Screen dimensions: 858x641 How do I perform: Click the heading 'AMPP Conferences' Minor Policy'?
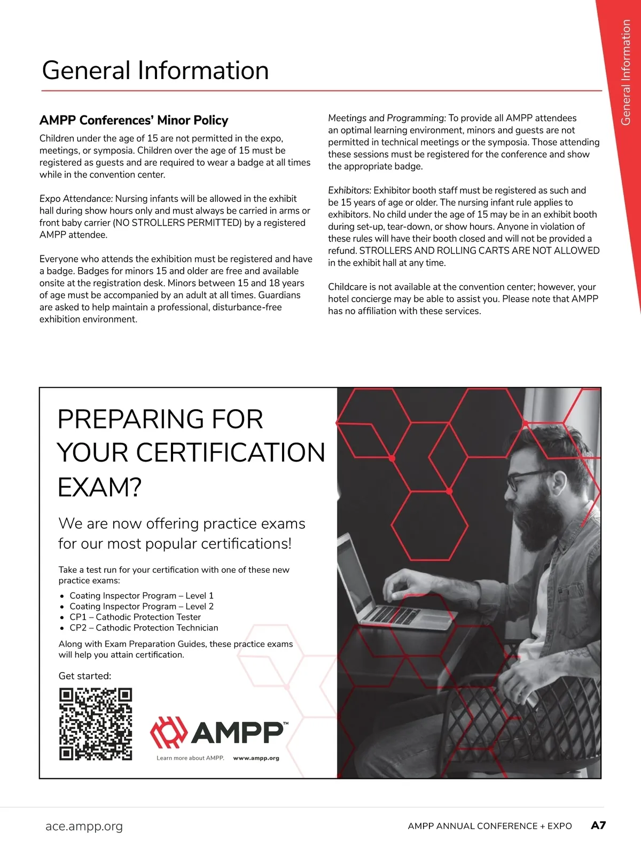[134, 120]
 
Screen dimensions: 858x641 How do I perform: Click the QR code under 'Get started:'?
[95, 724]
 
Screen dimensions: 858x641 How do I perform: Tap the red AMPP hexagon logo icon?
[169, 732]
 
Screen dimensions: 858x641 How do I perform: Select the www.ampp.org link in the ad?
[256, 758]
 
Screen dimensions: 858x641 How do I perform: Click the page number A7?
[598, 825]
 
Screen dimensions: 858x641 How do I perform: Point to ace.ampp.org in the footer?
[84, 826]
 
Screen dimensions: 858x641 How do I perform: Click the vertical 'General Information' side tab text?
[626, 72]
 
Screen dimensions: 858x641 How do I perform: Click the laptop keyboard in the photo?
[393, 614]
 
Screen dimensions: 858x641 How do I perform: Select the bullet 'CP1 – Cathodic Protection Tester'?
[135, 617]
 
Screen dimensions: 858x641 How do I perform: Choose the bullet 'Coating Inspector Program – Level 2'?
[142, 606]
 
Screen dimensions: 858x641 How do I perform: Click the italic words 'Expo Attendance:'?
[76, 199]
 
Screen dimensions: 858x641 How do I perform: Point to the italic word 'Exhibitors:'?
[349, 190]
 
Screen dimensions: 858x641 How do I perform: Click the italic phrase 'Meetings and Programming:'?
[387, 118]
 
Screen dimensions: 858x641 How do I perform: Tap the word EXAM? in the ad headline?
[99, 487]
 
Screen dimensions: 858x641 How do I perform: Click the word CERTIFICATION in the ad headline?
[230, 453]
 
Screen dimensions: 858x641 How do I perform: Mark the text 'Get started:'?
[85, 676]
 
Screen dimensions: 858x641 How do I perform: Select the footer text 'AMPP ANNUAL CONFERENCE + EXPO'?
[489, 826]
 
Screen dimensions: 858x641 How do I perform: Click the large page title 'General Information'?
[155, 71]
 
